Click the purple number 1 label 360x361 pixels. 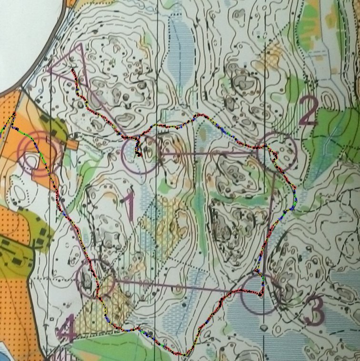(128, 205)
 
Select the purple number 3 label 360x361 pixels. (314, 311)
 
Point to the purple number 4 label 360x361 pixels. (66, 328)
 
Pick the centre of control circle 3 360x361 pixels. (260, 295)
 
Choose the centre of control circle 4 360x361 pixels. (96, 278)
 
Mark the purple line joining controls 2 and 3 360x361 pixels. (269, 219)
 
